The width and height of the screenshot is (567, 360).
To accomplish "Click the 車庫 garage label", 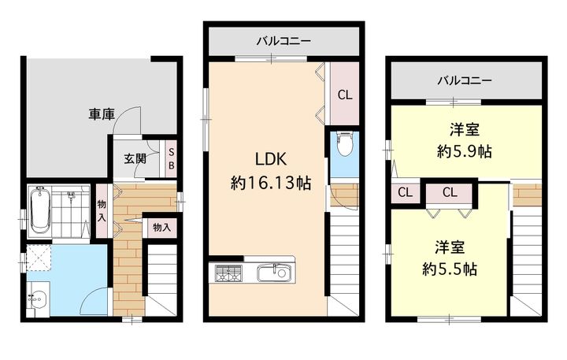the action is coord(102,114).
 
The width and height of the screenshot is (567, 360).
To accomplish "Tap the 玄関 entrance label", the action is coord(135,158).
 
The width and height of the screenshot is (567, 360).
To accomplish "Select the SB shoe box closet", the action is coord(171,158).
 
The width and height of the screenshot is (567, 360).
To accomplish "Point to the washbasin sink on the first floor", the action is coord(38,299).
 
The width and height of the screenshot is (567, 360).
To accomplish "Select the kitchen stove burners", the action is coord(228,273).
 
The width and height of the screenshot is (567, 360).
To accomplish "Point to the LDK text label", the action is coord(271,159).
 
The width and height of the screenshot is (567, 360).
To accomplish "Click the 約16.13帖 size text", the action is coord(271,183).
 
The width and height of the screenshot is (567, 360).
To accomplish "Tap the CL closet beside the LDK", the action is coord(345,94).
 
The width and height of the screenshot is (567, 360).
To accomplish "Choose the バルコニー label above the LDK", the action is coord(283,41).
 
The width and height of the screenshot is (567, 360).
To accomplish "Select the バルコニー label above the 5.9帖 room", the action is coord(465,80).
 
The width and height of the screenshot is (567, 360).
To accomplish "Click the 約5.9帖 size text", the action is coord(465,151).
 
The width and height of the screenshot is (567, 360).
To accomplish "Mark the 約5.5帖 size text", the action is coord(450,269).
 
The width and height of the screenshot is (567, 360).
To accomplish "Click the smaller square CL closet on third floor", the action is coord(405,192).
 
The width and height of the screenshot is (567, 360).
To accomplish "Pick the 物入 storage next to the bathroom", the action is coord(102,211).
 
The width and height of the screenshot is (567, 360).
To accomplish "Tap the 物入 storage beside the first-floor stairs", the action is coord(161,228).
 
